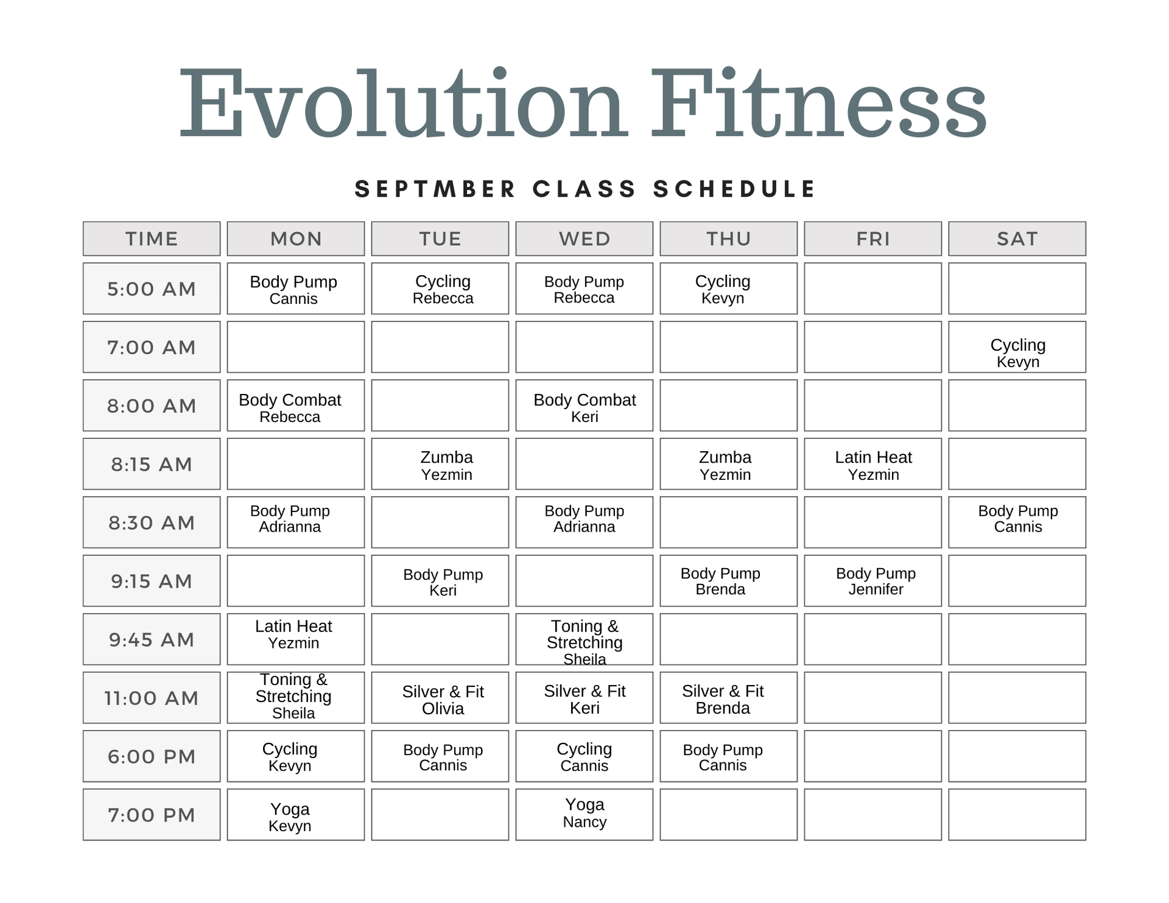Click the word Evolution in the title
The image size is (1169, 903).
[x=402, y=104]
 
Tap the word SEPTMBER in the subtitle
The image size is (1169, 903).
[x=435, y=189]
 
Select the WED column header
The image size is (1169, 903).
[x=584, y=239]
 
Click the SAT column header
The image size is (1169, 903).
[x=1017, y=239]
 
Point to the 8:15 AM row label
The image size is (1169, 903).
[x=152, y=464]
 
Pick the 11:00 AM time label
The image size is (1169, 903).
[x=152, y=698]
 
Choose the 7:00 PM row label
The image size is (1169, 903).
[x=152, y=815]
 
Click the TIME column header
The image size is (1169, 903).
[x=152, y=239]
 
